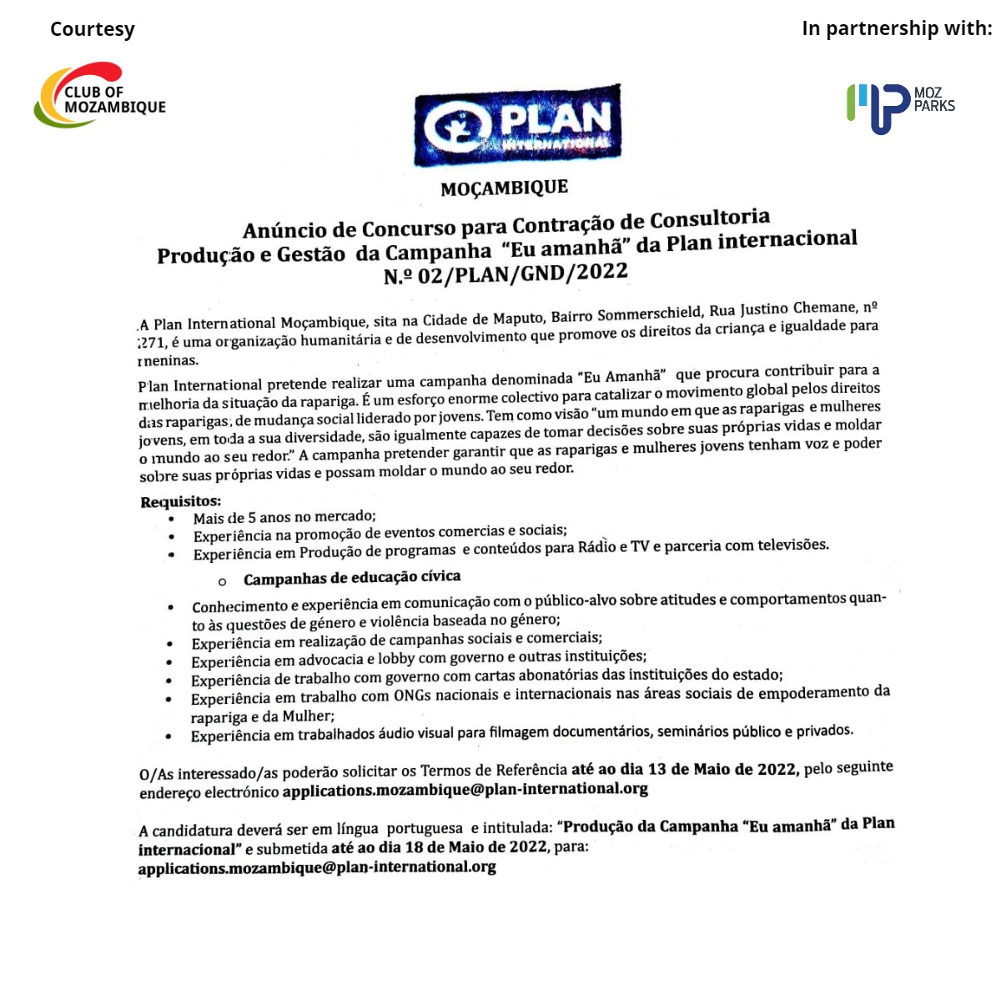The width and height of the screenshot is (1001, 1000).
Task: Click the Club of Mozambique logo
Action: [100, 95]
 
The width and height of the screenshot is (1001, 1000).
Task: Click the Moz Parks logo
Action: [900, 107]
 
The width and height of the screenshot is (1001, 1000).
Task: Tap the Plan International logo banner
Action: [517, 125]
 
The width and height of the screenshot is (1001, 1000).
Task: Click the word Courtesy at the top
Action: [92, 29]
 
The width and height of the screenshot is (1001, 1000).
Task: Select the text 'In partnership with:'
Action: [897, 28]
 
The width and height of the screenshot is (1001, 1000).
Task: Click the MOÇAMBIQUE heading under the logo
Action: [504, 188]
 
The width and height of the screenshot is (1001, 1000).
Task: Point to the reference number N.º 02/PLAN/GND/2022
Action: [506, 274]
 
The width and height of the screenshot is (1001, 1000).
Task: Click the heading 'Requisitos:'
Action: [180, 501]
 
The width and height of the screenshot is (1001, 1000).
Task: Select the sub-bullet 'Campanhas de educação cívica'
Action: [351, 577]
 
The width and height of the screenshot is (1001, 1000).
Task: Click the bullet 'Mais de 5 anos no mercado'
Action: [284, 517]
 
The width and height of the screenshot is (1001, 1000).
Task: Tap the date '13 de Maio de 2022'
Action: [723, 769]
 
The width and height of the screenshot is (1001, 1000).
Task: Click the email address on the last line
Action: [317, 867]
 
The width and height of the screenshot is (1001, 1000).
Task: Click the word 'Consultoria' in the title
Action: [710, 220]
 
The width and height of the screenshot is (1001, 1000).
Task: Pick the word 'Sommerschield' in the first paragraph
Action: [650, 314]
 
